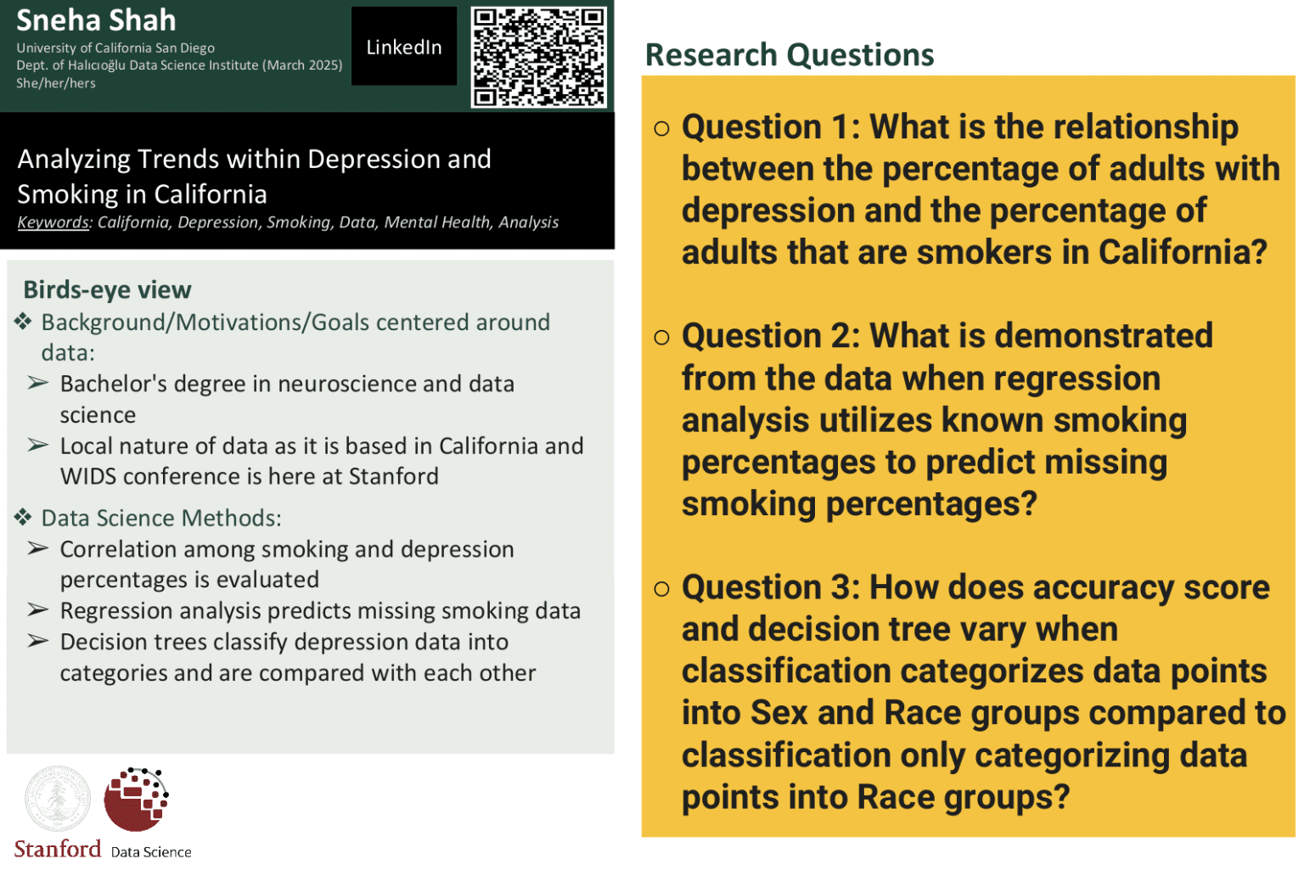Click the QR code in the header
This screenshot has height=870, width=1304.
click(x=538, y=57)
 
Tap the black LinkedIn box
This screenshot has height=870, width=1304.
click(x=404, y=47)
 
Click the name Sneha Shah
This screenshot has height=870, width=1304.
click(x=96, y=20)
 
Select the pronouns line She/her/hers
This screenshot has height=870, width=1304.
click(x=56, y=83)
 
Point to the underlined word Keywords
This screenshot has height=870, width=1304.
click(x=53, y=222)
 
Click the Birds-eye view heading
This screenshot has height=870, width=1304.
click(x=107, y=289)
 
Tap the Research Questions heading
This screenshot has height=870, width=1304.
click(x=790, y=55)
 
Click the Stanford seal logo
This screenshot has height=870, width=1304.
click(x=57, y=799)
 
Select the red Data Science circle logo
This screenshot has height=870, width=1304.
click(x=136, y=799)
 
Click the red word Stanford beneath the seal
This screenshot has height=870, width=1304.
click(x=58, y=849)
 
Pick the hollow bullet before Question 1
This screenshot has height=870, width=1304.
click(x=661, y=128)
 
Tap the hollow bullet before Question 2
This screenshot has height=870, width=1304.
click(x=661, y=337)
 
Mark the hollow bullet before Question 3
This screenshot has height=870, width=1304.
click(x=661, y=588)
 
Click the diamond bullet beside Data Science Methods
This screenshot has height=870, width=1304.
click(x=23, y=517)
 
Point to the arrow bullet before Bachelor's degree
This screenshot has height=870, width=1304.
click(x=38, y=383)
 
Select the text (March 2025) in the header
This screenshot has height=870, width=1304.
click(x=302, y=65)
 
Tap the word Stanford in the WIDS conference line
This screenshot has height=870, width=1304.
click(x=394, y=477)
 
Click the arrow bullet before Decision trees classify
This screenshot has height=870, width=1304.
click(x=38, y=641)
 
